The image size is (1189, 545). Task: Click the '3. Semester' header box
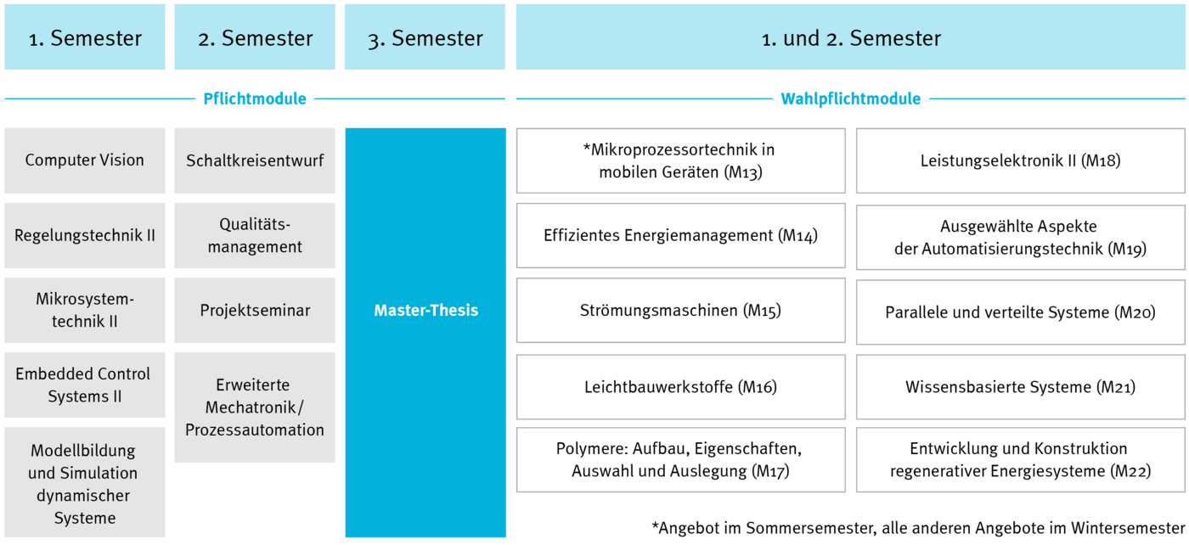coord(425,37)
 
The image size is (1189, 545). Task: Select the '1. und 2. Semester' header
coord(850,37)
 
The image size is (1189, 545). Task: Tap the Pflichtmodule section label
coord(255,98)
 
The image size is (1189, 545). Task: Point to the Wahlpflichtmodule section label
coord(850,98)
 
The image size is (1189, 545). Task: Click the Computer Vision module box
coord(85,160)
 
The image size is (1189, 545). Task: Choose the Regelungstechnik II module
coord(85,235)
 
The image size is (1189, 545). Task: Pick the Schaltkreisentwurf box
coord(255,160)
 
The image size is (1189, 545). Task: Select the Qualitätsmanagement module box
coord(255,235)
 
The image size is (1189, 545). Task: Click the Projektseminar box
coord(255,310)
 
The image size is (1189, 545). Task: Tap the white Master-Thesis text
coord(425,310)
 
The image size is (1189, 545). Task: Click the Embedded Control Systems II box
coord(85,385)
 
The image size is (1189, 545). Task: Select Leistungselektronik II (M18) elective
coord(1020,160)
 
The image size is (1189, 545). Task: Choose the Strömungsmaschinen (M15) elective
coord(680,310)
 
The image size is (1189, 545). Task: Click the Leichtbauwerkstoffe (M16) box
coord(680,387)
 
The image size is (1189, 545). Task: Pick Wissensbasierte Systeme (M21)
coord(1020,387)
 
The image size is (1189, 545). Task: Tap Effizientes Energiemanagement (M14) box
coord(680,235)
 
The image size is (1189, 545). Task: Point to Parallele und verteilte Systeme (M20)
coord(1020,312)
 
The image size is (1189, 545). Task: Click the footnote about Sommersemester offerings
coord(918,528)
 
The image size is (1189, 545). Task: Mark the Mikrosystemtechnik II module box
coord(85,310)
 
